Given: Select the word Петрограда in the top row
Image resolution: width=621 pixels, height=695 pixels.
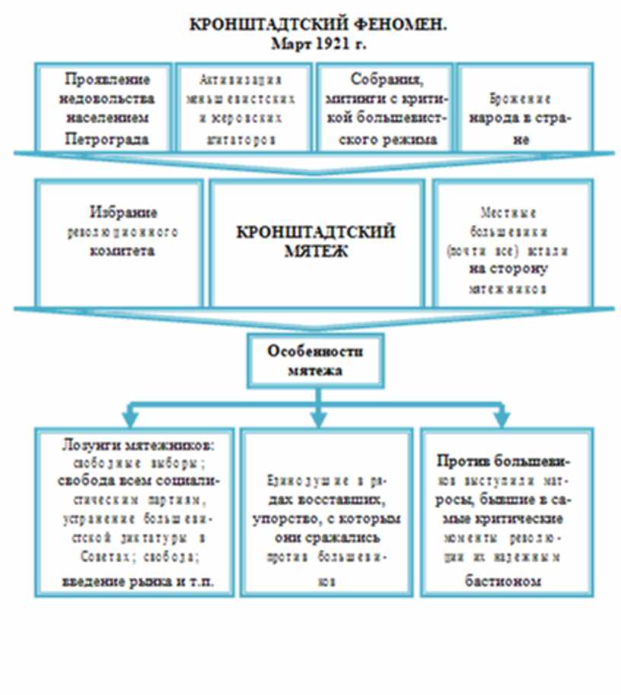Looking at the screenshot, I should [106, 139].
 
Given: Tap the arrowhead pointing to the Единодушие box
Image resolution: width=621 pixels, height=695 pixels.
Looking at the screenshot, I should [319, 417].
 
